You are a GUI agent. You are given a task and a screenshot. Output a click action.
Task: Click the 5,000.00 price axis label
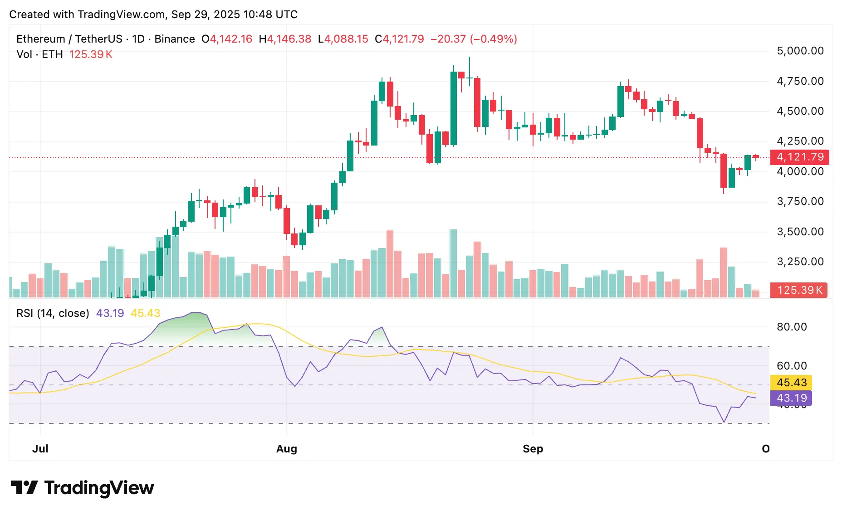click(800, 51)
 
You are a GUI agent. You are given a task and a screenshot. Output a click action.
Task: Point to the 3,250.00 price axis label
click(800, 262)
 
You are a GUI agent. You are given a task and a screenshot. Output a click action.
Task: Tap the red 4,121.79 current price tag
click(800, 157)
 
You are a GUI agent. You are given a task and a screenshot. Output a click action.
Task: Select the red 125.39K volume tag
click(799, 290)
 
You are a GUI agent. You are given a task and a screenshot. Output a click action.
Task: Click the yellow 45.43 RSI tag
click(791, 383)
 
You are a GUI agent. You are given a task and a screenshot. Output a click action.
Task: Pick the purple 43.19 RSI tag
click(791, 398)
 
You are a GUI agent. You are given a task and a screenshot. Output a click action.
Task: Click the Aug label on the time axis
click(287, 449)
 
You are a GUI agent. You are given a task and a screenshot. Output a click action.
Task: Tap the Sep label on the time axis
click(533, 449)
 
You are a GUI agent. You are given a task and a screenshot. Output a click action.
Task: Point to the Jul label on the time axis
click(40, 449)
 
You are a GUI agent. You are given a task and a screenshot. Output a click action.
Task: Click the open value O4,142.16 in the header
click(227, 39)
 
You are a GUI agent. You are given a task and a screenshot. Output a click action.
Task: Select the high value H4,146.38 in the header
click(285, 39)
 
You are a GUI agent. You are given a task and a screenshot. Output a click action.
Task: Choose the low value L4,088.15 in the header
click(343, 39)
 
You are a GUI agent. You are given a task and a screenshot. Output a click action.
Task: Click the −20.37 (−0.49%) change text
click(474, 39)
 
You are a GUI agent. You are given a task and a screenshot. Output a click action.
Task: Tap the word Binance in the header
click(175, 39)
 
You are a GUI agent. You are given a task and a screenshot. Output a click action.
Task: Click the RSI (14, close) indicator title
click(53, 313)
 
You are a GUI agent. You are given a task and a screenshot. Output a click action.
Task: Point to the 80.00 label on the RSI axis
click(792, 327)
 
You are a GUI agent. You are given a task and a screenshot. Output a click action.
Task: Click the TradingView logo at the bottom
click(82, 488)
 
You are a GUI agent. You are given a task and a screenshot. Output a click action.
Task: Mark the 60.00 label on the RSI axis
click(792, 366)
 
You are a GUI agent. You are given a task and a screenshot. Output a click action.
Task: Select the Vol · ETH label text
click(39, 54)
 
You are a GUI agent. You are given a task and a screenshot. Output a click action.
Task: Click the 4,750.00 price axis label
click(800, 81)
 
